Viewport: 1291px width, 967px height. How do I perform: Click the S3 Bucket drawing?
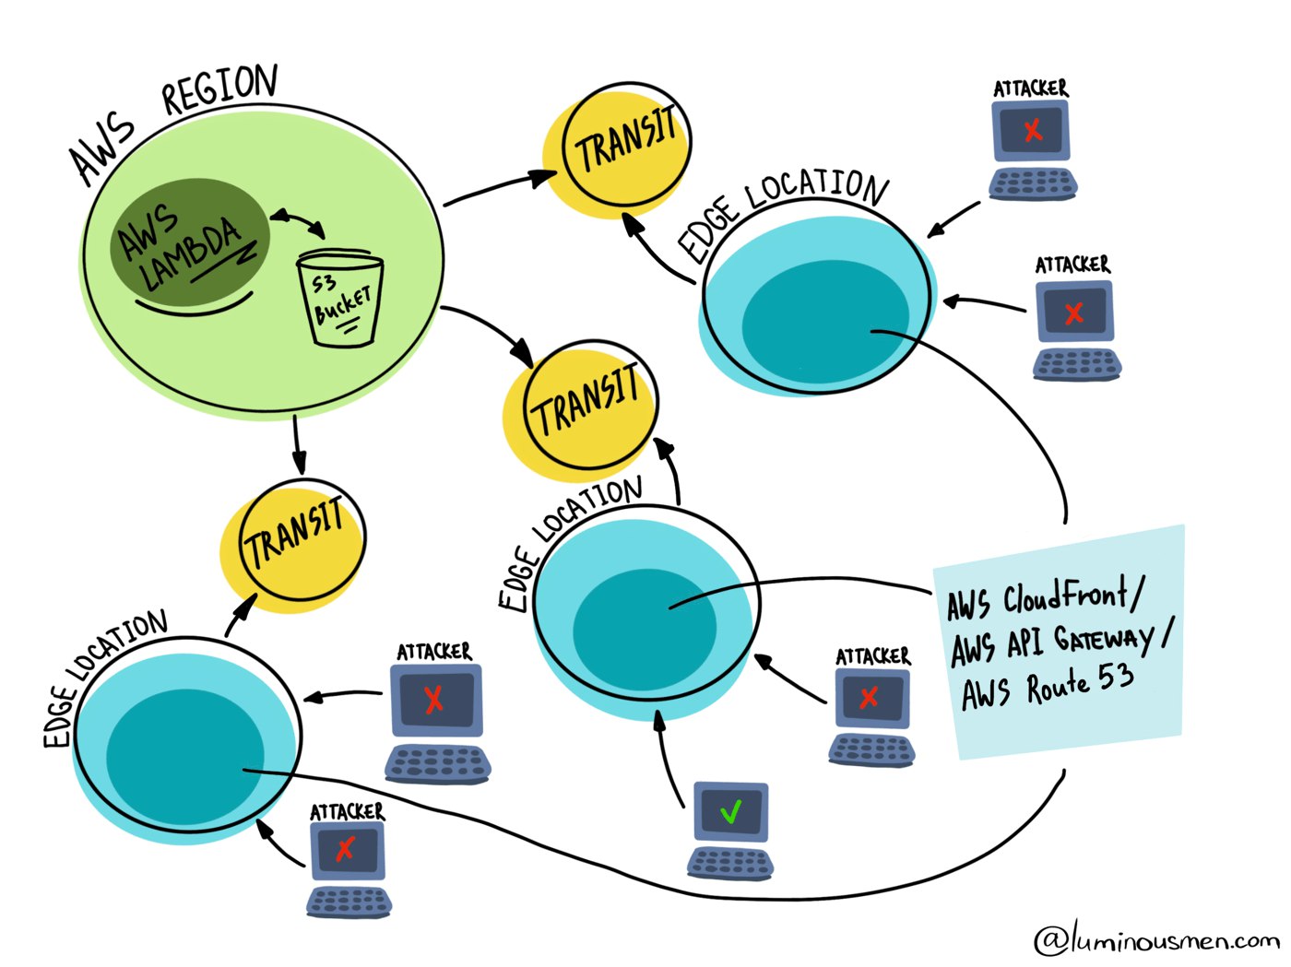point(340,299)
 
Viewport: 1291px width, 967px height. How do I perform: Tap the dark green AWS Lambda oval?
point(189,242)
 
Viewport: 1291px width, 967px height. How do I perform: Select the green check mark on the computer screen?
point(731,812)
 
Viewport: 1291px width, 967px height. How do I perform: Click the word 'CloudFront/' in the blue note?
point(1072,596)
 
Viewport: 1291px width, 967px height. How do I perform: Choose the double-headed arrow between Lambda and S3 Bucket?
point(298,222)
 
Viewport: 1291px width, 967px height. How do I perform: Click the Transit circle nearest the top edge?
point(617,150)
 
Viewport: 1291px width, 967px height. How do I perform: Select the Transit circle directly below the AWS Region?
point(293,546)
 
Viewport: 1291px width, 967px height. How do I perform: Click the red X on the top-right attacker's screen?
point(1033,130)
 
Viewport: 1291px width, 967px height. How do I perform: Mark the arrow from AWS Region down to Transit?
point(298,445)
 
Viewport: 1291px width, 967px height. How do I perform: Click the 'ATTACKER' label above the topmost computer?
point(1030,88)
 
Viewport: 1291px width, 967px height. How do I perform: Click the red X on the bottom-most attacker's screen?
point(345,849)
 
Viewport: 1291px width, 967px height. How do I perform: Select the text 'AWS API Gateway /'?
point(1061,643)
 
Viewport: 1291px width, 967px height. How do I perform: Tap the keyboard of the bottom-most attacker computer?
point(349,902)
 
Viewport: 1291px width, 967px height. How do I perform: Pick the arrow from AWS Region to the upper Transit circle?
point(501,186)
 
